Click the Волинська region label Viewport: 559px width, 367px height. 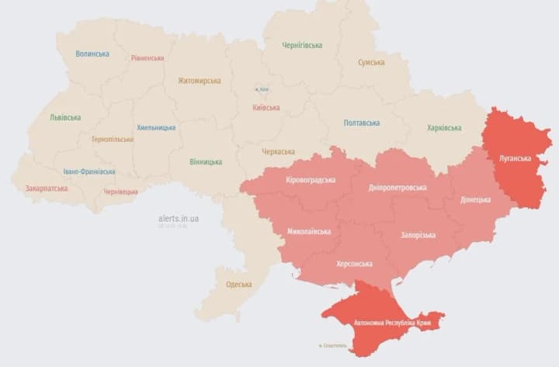pos(92,54)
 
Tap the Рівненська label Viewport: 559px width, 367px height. pos(147,58)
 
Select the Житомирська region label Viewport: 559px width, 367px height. pos(199,81)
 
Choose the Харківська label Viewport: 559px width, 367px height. pos(444,128)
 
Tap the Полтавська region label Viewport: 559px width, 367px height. pos(361,123)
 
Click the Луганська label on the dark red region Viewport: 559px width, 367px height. pos(514,158)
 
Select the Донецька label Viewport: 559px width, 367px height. pos(475,199)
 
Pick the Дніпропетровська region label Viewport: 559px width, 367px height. pos(398,187)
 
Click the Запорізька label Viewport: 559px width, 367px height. pos(418,235)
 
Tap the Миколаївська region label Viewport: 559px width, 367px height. pos(309,231)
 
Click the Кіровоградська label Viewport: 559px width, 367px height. pos(311,179)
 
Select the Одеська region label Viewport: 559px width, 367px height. pos(239,284)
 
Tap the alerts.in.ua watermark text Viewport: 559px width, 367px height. pos(179,219)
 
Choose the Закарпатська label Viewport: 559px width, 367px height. pos(46,188)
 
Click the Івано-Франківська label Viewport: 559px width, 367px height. pos(89,171)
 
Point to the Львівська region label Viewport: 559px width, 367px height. pos(65,117)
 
